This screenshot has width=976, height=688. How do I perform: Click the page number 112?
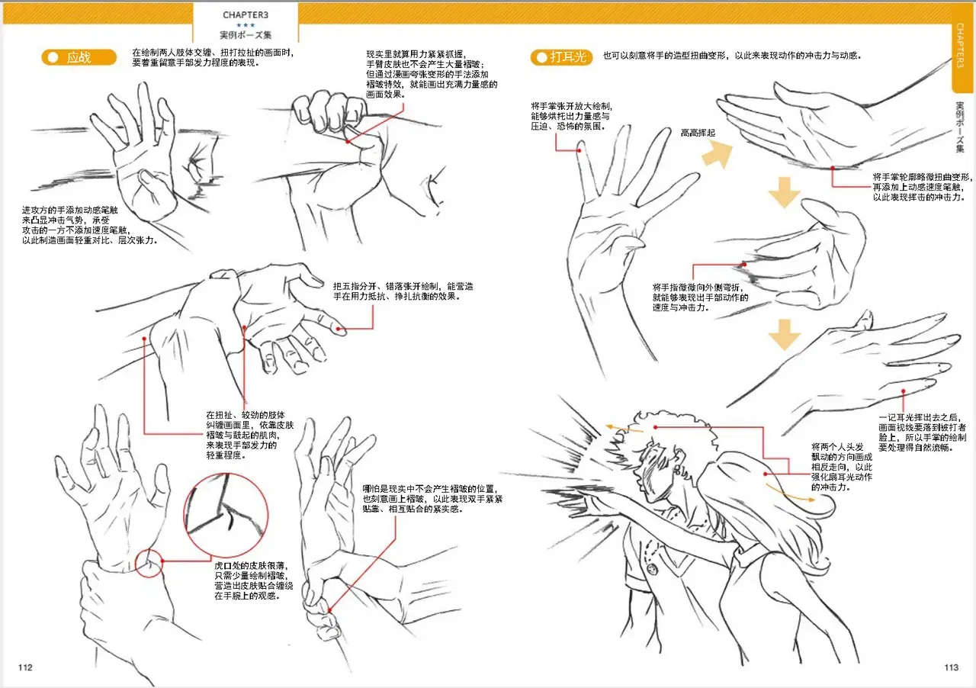click(x=25, y=667)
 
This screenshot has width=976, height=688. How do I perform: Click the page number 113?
click(x=951, y=667)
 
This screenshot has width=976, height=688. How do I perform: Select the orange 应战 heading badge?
click(x=79, y=57)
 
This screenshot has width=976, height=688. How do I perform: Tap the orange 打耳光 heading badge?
click(x=562, y=57)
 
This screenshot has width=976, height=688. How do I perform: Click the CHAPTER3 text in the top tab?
click(x=246, y=14)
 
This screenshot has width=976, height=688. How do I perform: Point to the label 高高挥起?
click(x=698, y=133)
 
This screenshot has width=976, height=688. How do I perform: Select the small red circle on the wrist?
click(x=149, y=563)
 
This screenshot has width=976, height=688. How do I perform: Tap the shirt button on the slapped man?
click(x=652, y=568)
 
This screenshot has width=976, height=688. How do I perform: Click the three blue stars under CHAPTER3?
click(x=246, y=25)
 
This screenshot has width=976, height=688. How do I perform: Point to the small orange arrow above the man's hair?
click(x=624, y=428)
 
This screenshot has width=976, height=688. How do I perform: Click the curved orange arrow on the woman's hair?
click(x=788, y=494)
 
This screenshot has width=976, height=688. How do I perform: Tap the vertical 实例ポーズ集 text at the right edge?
click(x=960, y=127)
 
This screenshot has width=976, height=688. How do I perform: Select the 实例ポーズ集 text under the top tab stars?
click(x=246, y=35)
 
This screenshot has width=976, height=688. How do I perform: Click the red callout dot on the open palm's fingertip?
click(x=579, y=150)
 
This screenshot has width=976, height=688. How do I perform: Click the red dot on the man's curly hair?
click(x=655, y=427)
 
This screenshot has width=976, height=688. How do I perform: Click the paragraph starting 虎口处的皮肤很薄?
click(x=254, y=580)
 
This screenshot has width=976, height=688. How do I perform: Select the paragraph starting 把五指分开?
click(x=403, y=291)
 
